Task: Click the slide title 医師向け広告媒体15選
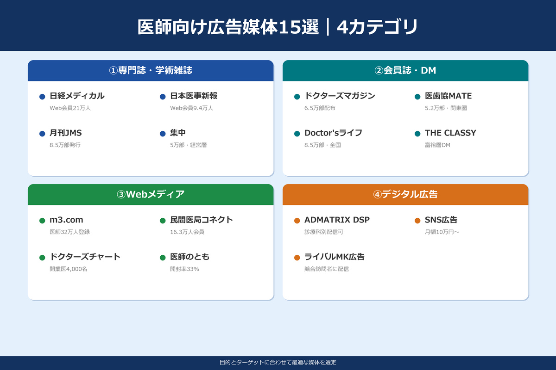pos(228,27)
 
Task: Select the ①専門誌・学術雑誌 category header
pos(151,71)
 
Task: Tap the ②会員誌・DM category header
pos(405,71)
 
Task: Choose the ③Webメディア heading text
pos(151,195)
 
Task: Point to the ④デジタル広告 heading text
pos(405,195)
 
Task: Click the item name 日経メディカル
pos(77,96)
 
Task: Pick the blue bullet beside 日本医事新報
pos(163,97)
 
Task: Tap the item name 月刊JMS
pos(66,133)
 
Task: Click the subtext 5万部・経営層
pos(188,145)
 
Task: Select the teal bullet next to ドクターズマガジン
pos(297,97)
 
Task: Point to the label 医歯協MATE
pos(448,96)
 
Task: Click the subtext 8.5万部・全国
pos(322,145)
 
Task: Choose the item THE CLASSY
pos(450,133)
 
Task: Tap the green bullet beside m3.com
pos(42,221)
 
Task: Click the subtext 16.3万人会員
pos(187,232)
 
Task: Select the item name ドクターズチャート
pos(85,257)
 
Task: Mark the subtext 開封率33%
pos(184,269)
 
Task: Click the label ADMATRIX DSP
pos(337,220)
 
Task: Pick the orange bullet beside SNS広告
pos(417,221)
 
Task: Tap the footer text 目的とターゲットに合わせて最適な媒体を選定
pos(278,363)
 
